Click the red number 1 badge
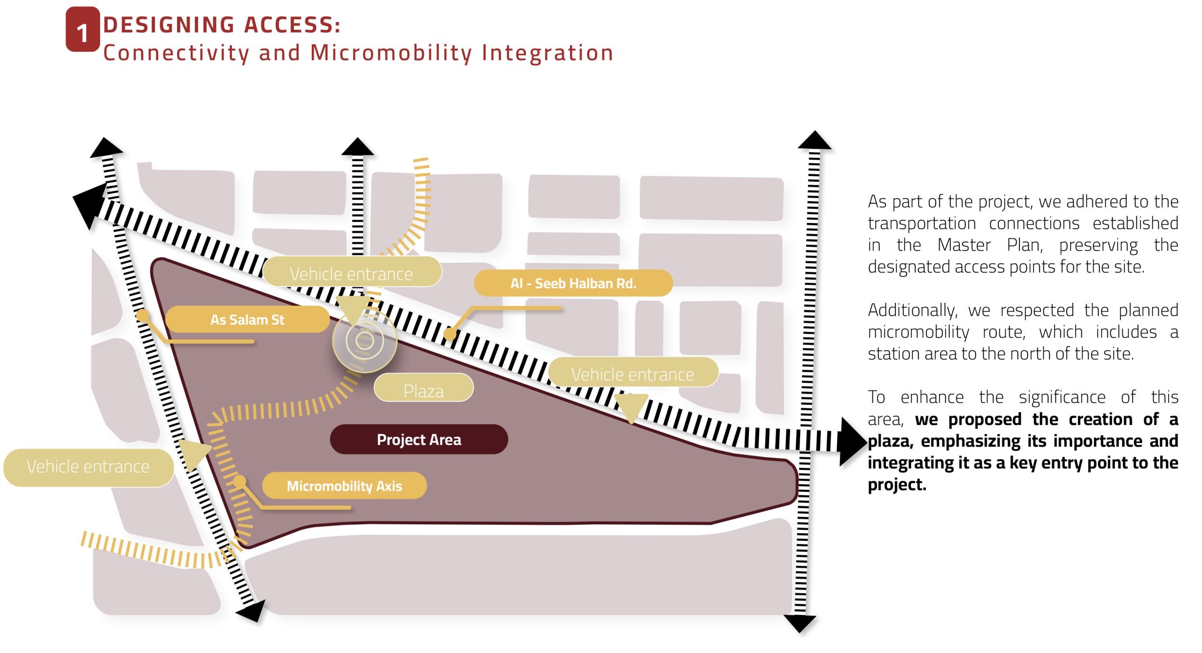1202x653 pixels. (83, 30)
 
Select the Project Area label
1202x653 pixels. (419, 439)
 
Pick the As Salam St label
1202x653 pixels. (247, 320)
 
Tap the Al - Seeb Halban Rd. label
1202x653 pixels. (573, 283)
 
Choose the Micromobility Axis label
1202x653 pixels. (344, 485)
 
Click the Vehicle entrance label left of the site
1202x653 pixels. (88, 467)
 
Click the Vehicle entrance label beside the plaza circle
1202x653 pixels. (351, 273)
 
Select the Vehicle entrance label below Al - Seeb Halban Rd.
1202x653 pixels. (632, 374)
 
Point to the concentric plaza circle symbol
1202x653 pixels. (364, 340)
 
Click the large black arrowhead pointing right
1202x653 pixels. (852, 442)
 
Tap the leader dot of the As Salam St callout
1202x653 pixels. (143, 315)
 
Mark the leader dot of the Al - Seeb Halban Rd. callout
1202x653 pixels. (450, 334)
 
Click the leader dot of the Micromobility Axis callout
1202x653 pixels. (239, 481)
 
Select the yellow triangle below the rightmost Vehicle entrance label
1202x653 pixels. (631, 406)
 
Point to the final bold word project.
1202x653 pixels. (897, 484)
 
